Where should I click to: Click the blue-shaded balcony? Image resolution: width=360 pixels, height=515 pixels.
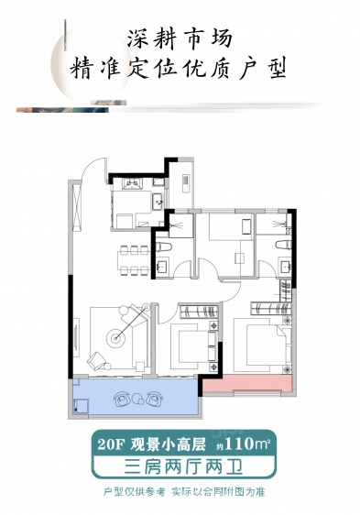136,398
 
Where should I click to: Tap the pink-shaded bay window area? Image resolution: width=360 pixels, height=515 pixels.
247,383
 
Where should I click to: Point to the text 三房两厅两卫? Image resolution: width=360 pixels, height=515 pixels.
183,467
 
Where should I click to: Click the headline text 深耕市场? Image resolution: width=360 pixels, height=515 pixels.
180,38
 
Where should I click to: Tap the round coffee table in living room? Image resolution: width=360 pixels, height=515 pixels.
115,338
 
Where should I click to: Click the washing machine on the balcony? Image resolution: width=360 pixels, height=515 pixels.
81,406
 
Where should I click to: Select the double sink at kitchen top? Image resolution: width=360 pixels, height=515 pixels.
133,183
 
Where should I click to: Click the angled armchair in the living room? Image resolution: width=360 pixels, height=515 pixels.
96,360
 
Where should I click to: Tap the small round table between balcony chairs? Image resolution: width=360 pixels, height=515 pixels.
136,400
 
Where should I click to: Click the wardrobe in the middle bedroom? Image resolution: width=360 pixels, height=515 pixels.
199,312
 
